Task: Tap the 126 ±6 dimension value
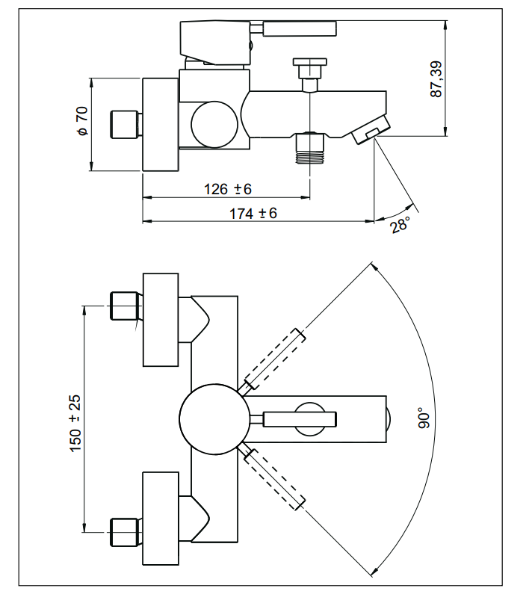[x=227, y=188]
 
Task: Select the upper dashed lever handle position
[x=275, y=359]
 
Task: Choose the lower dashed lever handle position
[x=276, y=478]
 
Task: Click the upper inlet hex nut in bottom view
[x=125, y=306]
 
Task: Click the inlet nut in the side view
[x=125, y=124]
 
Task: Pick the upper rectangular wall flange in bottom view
[x=161, y=320]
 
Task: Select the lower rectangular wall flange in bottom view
[x=161, y=517]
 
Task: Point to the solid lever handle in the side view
[x=299, y=30]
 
